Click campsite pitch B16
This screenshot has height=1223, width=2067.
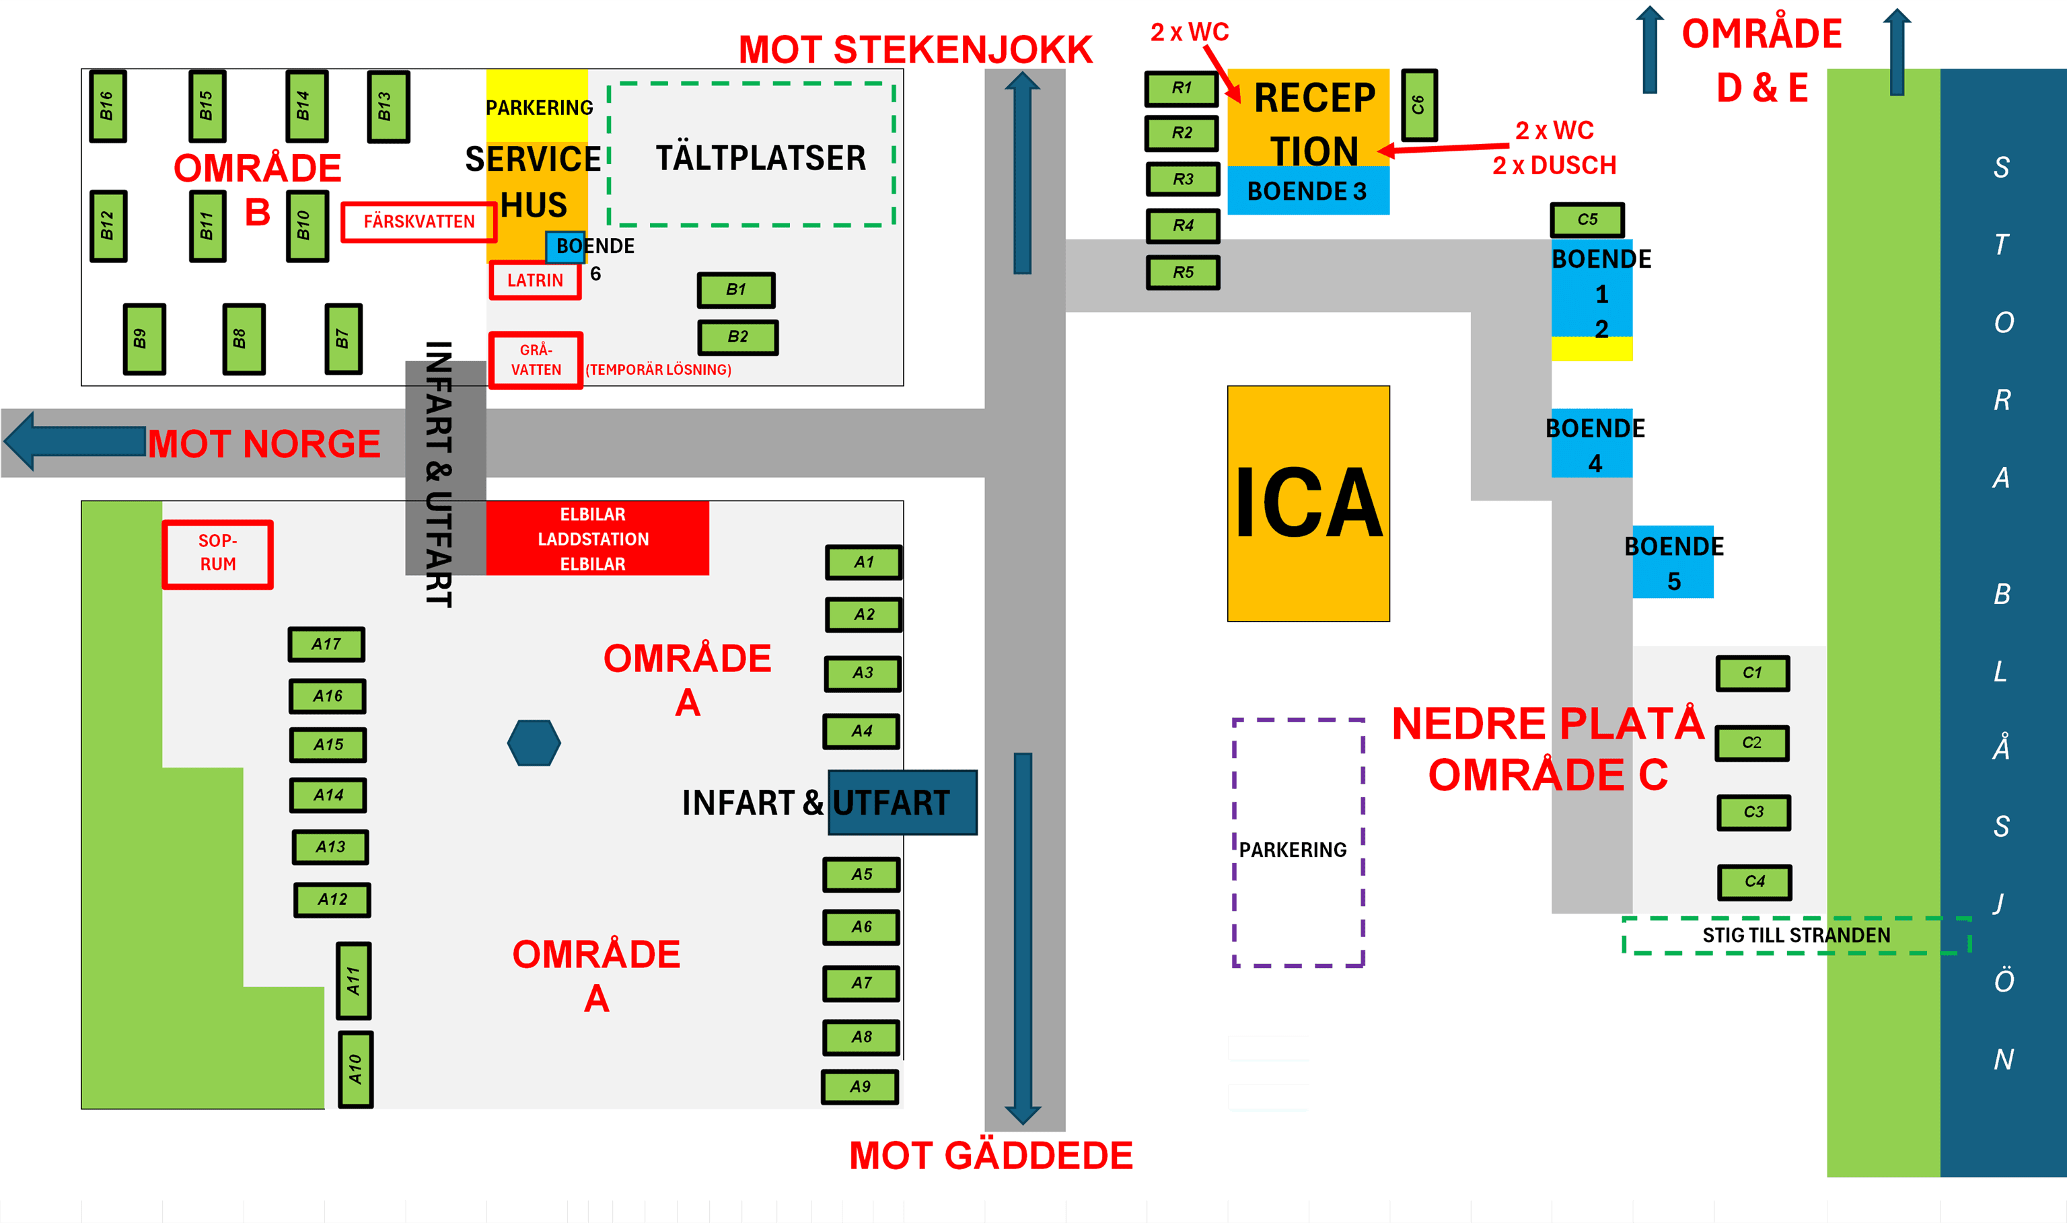pos(107,106)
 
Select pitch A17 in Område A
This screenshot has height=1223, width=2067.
pos(326,644)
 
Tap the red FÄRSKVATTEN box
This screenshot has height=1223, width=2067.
pos(419,222)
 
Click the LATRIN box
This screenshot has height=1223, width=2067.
pos(535,281)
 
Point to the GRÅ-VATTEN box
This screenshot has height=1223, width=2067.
pos(536,360)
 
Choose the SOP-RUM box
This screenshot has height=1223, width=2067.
pos(217,554)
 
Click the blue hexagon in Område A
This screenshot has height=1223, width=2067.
pos(534,743)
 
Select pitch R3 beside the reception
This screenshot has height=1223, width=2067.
pos(1183,179)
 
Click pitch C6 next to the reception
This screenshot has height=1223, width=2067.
pos(1418,105)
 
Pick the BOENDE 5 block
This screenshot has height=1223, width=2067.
pos(1673,562)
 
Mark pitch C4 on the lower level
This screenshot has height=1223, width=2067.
pos(1755,882)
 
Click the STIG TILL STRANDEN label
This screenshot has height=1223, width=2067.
pos(1797,935)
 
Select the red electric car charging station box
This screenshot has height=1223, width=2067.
pos(597,538)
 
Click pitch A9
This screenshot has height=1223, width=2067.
pos(860,1087)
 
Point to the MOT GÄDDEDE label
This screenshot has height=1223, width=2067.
pos(990,1156)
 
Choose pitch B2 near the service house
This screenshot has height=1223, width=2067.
pos(737,337)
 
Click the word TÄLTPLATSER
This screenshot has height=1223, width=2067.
pos(761,157)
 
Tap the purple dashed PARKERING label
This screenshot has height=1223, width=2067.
pos(1293,850)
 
